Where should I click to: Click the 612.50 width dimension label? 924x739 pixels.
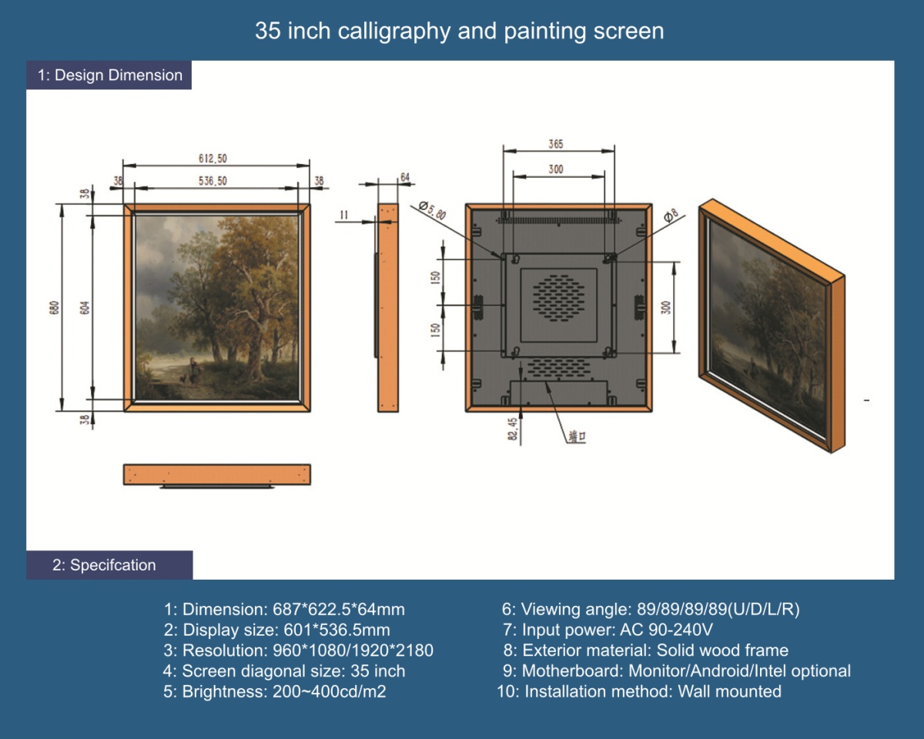click(213, 159)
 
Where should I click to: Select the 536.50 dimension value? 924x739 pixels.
click(213, 181)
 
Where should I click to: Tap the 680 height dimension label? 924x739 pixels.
click(55, 307)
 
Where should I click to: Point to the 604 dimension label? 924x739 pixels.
click(85, 307)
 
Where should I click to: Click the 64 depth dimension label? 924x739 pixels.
click(405, 177)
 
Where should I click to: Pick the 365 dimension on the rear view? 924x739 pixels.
click(556, 144)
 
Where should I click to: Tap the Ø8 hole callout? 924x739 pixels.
click(671, 215)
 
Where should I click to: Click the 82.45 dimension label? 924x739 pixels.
click(512, 429)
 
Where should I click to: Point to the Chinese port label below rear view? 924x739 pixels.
click(577, 436)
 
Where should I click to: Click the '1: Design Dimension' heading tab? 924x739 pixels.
click(109, 75)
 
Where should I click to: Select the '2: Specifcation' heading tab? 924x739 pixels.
click(109, 565)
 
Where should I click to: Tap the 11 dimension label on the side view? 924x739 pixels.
click(344, 215)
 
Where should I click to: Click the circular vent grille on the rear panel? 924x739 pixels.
click(558, 298)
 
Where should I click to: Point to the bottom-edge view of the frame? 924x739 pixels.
click(217, 476)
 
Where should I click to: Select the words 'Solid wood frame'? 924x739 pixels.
click(722, 650)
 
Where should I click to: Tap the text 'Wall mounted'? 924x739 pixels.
click(729, 691)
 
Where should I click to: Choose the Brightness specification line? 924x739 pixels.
click(275, 692)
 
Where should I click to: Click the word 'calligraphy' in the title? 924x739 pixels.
click(394, 32)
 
